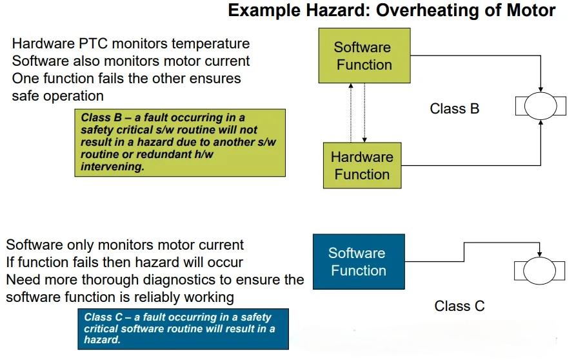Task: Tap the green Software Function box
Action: tap(364, 55)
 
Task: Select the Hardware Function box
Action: tap(362, 166)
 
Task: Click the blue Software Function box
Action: tap(359, 261)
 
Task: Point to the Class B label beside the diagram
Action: tap(454, 109)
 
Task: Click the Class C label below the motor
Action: tap(459, 306)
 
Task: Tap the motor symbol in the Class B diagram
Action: tap(541, 106)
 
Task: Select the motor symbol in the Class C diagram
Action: tap(539, 271)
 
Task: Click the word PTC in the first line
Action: tap(93, 43)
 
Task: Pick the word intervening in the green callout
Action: tap(112, 167)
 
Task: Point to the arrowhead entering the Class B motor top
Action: tap(541, 89)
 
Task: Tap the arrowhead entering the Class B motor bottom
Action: tap(541, 123)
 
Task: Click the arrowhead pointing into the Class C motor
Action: tap(539, 254)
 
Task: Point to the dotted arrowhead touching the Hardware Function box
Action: tap(364, 140)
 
